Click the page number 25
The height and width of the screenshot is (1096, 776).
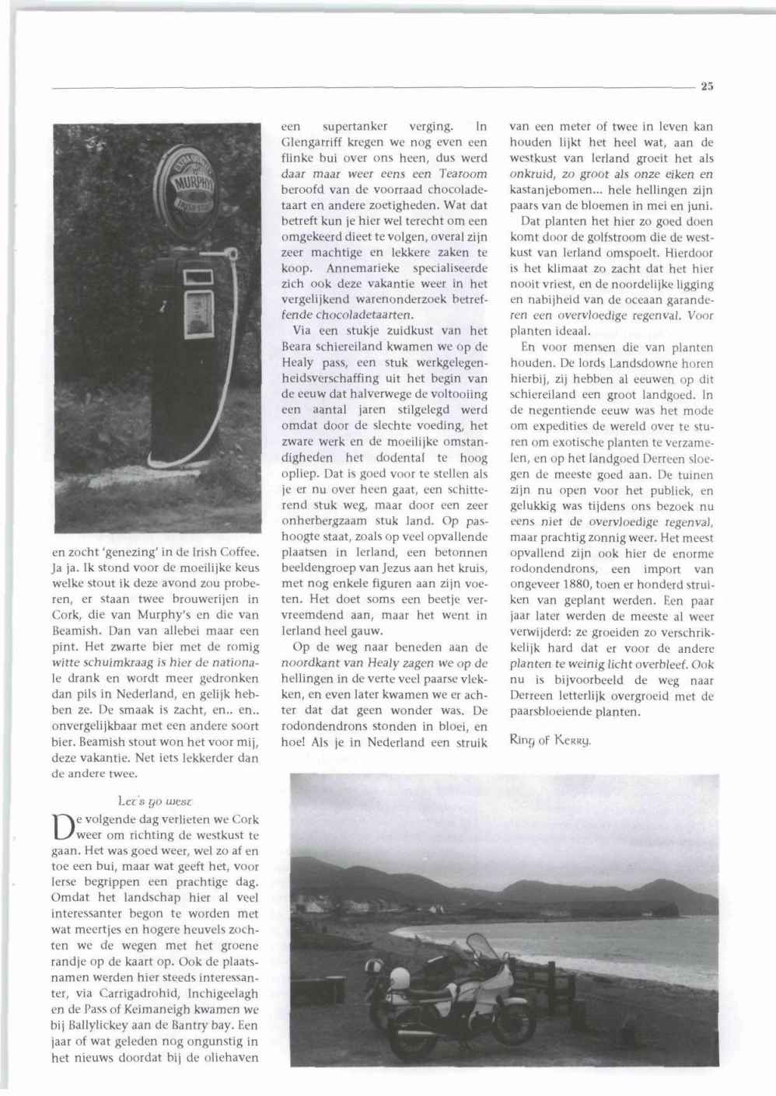(706, 87)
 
